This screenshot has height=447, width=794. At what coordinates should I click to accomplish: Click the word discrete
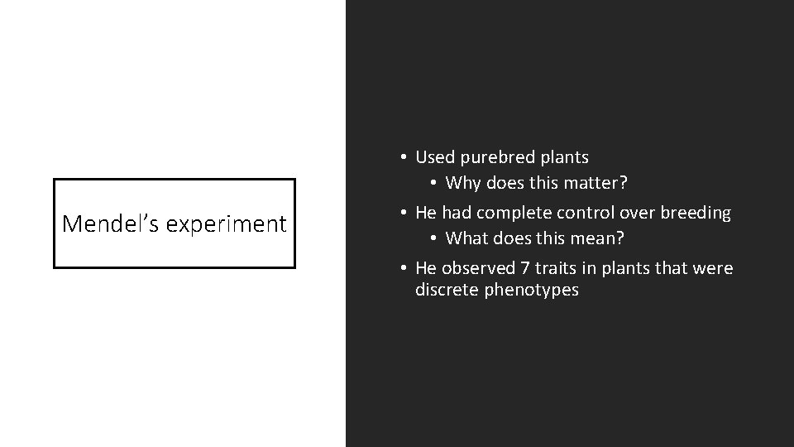pyautogui.click(x=447, y=290)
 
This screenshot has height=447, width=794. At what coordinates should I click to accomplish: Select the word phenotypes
pyautogui.click(x=531, y=291)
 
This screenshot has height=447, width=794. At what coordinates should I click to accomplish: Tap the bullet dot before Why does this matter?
pyautogui.click(x=433, y=182)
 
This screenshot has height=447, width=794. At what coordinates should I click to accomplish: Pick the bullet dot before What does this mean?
pyautogui.click(x=433, y=238)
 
